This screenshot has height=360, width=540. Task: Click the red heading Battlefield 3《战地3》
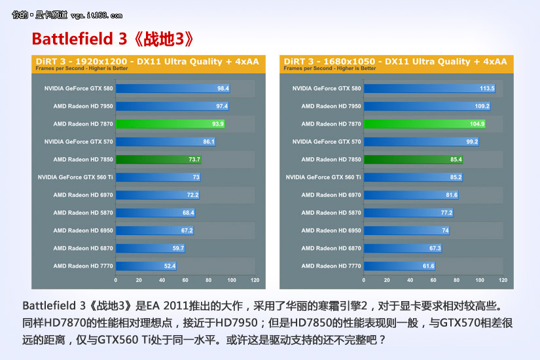(x=113, y=39)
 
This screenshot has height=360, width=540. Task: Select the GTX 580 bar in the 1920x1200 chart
(x=173, y=88)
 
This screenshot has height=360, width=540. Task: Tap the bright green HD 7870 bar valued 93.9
(x=170, y=124)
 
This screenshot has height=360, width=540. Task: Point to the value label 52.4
(x=170, y=266)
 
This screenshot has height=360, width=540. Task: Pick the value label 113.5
(x=486, y=88)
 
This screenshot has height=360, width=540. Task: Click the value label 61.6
(x=428, y=266)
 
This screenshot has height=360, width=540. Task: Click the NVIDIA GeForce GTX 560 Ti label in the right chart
(x=323, y=177)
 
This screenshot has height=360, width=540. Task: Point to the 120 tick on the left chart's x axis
(x=255, y=280)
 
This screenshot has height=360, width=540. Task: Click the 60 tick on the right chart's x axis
(x=433, y=280)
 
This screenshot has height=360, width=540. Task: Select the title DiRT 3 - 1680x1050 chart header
(x=396, y=62)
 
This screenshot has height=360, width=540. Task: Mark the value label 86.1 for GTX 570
(x=209, y=141)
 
